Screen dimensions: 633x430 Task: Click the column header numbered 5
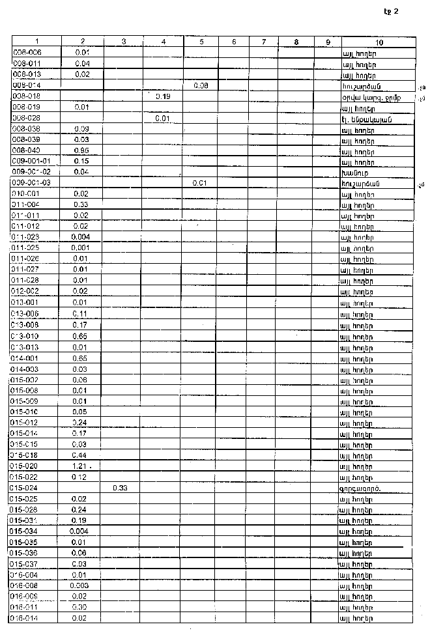202,42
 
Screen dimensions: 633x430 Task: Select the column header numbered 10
379,42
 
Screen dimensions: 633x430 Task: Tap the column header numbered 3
124,42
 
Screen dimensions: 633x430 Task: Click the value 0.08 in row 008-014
201,85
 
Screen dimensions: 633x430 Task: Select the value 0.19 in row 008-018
163,96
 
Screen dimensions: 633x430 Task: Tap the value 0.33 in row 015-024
120,487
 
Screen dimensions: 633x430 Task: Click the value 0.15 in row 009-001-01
81,161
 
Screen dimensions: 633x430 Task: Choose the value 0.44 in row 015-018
81,455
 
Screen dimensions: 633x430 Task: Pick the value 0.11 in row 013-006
81,313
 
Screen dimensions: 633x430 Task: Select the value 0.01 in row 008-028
163,119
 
